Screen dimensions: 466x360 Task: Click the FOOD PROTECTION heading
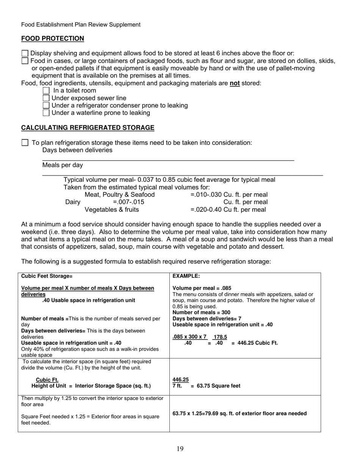pyautogui.click(x=53, y=39)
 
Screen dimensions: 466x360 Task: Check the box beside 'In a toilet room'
pyautogui.click(x=46, y=91)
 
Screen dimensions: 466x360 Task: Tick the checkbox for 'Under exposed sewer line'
pyautogui.click(x=46, y=98)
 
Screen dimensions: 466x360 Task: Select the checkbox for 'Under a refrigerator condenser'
pyautogui.click(x=46, y=105)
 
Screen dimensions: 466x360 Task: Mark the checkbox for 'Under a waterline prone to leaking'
pyautogui.click(x=46, y=113)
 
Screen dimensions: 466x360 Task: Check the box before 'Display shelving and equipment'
pyautogui.click(x=25, y=53)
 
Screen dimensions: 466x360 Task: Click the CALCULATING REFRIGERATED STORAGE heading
pyautogui.click(x=88, y=128)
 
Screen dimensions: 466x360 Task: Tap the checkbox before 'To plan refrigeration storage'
pyautogui.click(x=25, y=143)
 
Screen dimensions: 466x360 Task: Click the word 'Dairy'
pyautogui.click(x=73, y=202)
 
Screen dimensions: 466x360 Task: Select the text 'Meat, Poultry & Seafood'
pyautogui.click(x=119, y=195)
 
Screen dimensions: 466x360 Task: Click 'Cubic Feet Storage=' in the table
pyautogui.click(x=47, y=276)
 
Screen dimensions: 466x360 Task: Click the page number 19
pyautogui.click(x=180, y=449)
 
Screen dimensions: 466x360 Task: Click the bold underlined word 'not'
pyautogui.click(x=235, y=83)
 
